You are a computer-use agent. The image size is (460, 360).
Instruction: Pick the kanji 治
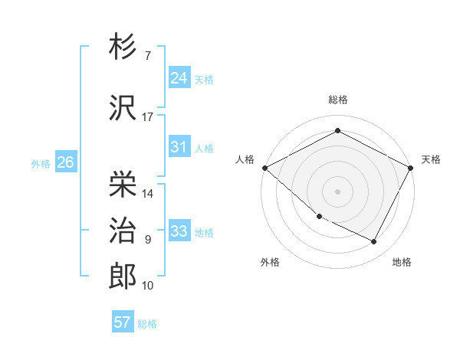click(x=123, y=231)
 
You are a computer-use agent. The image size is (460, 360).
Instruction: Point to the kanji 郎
click(x=123, y=277)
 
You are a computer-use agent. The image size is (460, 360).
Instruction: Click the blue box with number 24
click(x=179, y=77)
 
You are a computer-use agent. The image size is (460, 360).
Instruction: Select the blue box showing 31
click(x=179, y=147)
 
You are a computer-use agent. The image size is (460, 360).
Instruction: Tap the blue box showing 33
click(x=179, y=231)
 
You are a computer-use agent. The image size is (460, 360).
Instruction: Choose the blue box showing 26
click(x=65, y=162)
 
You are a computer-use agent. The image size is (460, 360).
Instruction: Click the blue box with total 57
click(x=123, y=322)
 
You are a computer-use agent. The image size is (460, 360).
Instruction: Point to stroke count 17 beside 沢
click(x=148, y=117)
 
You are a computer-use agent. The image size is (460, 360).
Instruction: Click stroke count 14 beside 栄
click(x=148, y=194)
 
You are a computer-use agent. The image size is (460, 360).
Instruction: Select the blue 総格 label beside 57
click(x=147, y=324)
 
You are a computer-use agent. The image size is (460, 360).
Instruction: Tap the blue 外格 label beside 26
click(x=41, y=163)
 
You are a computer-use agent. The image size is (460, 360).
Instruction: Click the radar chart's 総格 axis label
click(x=337, y=100)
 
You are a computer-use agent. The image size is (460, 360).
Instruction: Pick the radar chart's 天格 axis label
click(x=431, y=159)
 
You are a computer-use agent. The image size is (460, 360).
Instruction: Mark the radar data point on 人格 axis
click(x=264, y=168)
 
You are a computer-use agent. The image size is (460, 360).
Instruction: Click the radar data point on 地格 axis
click(x=374, y=241)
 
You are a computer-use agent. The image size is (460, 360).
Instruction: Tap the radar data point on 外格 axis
click(x=319, y=217)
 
